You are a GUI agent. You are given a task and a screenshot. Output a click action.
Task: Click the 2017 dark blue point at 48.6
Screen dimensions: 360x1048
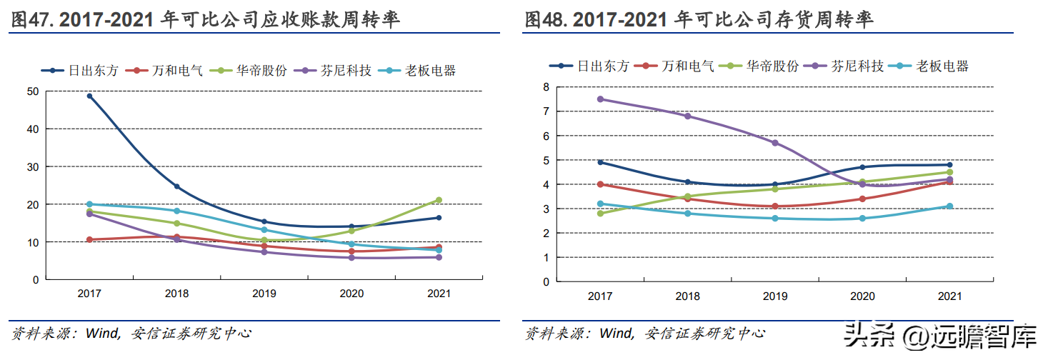[x=90, y=96]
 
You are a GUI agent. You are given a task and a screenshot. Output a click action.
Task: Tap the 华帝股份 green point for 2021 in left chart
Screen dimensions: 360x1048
[x=439, y=200]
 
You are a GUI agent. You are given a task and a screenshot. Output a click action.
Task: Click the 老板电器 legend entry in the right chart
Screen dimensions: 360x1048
[x=942, y=66]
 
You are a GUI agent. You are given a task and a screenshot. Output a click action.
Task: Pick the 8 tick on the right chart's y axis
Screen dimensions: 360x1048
[x=547, y=86]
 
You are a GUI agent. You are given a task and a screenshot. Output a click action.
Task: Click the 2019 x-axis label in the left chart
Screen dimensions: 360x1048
[x=264, y=293]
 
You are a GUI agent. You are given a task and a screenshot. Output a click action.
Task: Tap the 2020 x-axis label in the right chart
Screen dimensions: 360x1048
[x=862, y=296]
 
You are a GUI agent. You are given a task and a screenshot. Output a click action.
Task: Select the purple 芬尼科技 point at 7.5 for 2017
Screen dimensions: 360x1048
[x=600, y=99]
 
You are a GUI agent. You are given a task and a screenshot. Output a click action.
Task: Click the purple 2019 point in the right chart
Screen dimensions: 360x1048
[x=775, y=143]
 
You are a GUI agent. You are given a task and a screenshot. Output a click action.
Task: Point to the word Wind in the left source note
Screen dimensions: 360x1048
[x=101, y=333]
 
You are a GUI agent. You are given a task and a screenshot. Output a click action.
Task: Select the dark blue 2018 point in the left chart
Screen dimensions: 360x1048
[x=177, y=186]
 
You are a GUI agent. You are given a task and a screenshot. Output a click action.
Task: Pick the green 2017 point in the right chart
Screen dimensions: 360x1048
[x=600, y=213]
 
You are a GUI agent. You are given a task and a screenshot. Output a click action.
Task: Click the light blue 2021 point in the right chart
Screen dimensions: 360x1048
[x=950, y=206]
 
